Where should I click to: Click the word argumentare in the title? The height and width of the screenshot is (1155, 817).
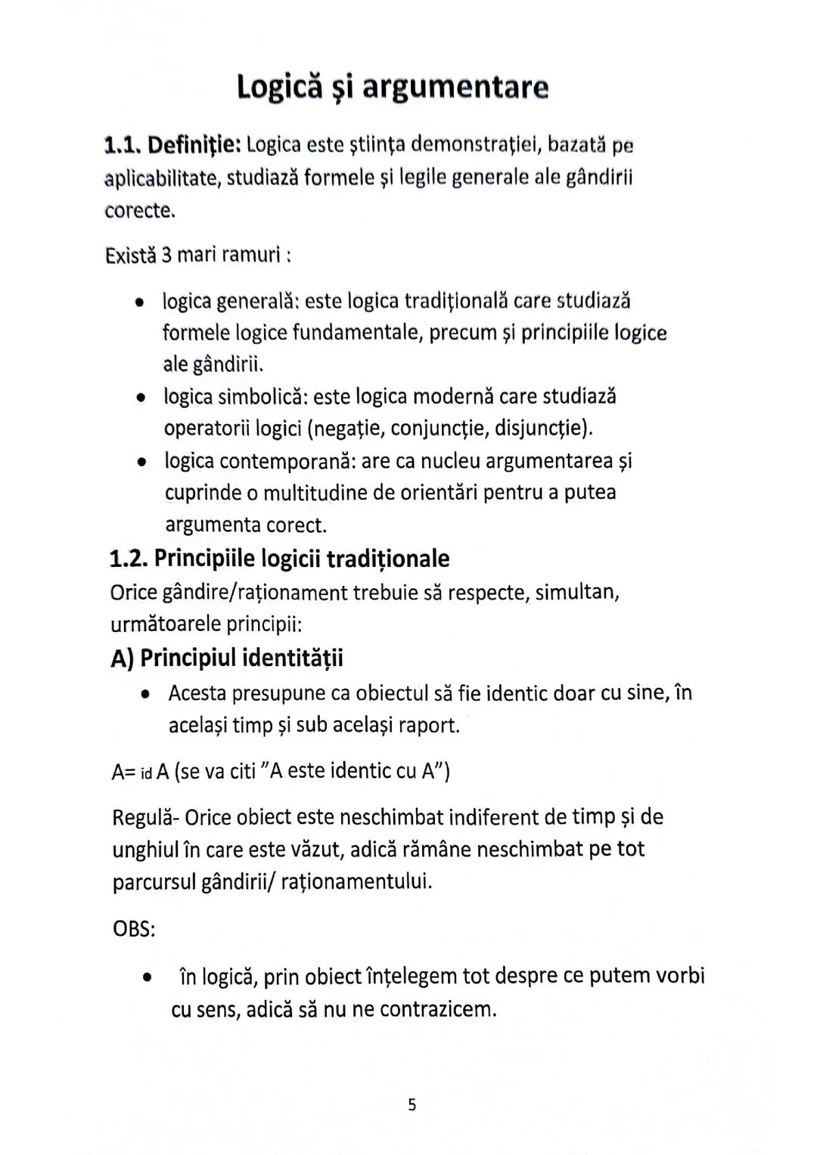(x=455, y=88)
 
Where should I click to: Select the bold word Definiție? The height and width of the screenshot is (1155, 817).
(x=194, y=144)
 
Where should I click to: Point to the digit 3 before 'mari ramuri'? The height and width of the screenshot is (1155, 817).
(x=166, y=255)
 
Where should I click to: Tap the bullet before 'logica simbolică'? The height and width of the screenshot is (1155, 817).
(x=140, y=398)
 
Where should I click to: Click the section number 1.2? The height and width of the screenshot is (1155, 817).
(x=128, y=559)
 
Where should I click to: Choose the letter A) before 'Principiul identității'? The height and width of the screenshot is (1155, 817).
(x=122, y=658)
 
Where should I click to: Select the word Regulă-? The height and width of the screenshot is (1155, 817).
(x=145, y=817)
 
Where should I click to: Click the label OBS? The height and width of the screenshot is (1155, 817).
(x=134, y=928)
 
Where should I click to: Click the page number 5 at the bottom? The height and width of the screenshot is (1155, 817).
(x=412, y=1105)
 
